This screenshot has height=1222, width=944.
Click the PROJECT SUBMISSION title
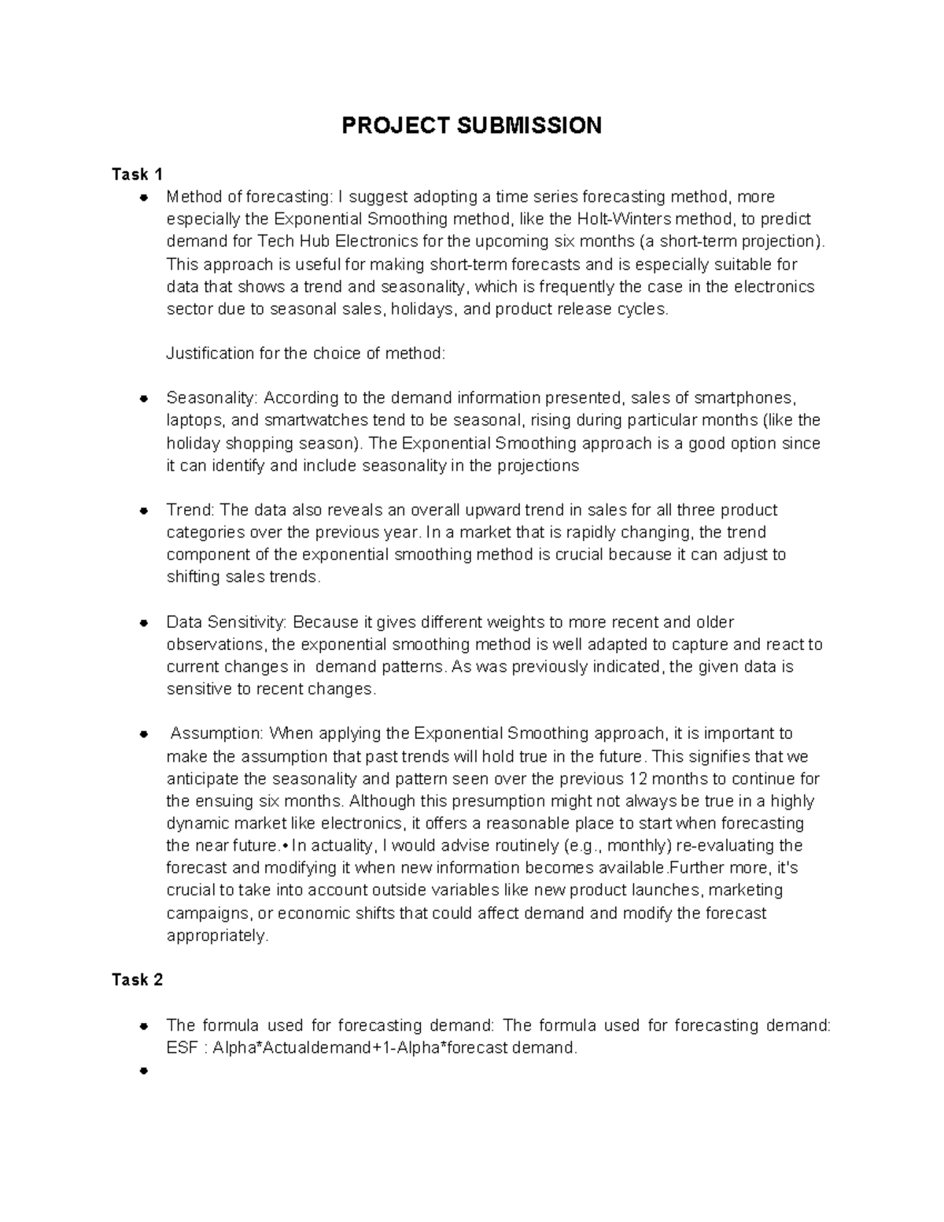coord(471,125)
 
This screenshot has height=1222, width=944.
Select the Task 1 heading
coord(137,174)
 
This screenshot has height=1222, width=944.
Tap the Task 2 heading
coord(137,980)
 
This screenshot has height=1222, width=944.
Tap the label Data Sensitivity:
coord(227,622)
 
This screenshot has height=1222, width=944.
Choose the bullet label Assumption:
coord(217,734)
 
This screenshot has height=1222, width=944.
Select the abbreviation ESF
coord(180,1047)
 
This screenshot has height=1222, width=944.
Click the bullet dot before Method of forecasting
coord(143,197)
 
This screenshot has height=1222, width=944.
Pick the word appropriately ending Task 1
coord(217,936)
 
